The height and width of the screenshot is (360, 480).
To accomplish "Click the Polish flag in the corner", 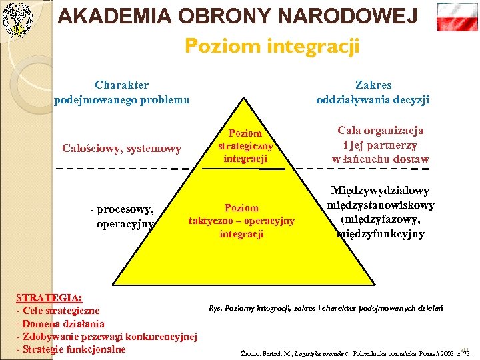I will [457, 17].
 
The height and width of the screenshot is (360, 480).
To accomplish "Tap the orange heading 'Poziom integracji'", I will [272, 47].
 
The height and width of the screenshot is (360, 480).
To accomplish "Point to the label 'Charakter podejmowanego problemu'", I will [122, 92].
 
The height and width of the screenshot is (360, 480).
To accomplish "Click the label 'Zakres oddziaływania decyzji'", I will [373, 92].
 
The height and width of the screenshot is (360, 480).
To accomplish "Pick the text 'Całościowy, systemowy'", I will [121, 148].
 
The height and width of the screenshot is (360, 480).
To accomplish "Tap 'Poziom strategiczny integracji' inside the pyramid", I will [245, 145].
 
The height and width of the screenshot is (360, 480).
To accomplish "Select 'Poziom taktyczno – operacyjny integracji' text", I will [241, 221].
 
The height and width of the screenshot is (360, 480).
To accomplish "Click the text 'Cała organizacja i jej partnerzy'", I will [381, 138].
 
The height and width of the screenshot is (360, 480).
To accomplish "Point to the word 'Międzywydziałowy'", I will [380, 191].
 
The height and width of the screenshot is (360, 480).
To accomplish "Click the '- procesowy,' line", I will [122, 210].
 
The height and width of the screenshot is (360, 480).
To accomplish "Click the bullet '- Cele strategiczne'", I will [58, 311].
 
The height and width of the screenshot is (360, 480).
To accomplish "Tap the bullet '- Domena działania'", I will [60, 324].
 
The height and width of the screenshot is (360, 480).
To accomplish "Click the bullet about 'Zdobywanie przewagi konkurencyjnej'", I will [107, 337].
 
